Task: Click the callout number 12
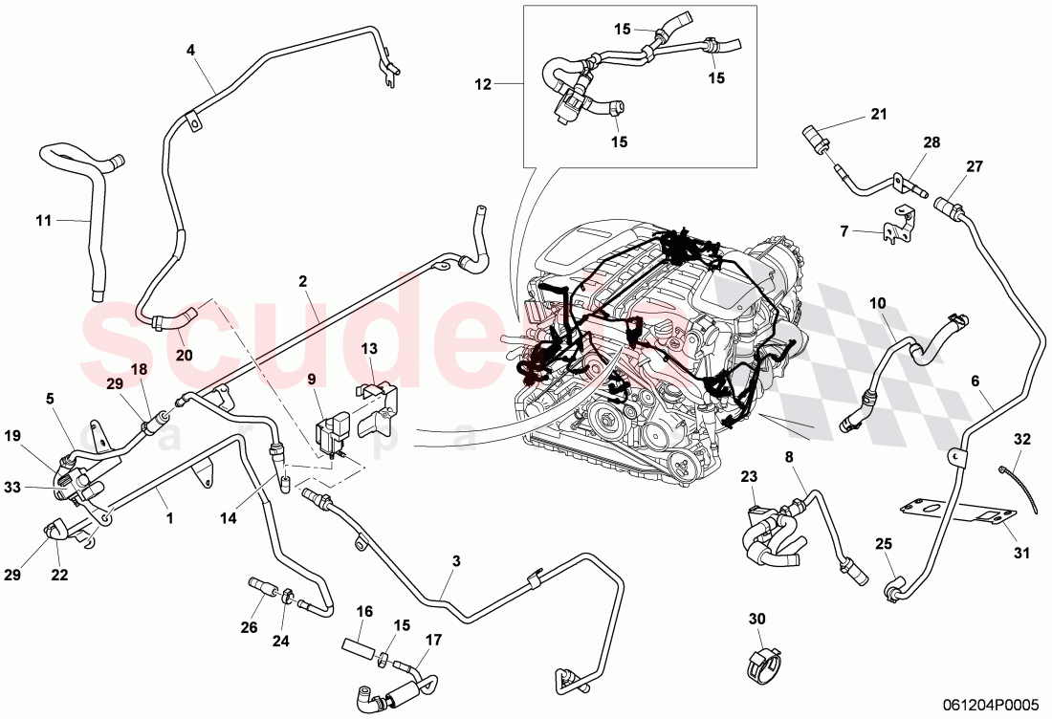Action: [x=482, y=84]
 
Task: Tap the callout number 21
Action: [x=879, y=115]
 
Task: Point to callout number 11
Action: [x=44, y=221]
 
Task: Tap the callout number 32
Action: [x=1022, y=440]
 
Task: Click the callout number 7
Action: [x=844, y=230]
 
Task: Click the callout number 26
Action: [x=250, y=628]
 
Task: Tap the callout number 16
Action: [x=364, y=611]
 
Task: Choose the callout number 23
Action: [x=749, y=475]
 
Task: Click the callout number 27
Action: [x=974, y=167]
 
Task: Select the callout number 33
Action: [x=38, y=488]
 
